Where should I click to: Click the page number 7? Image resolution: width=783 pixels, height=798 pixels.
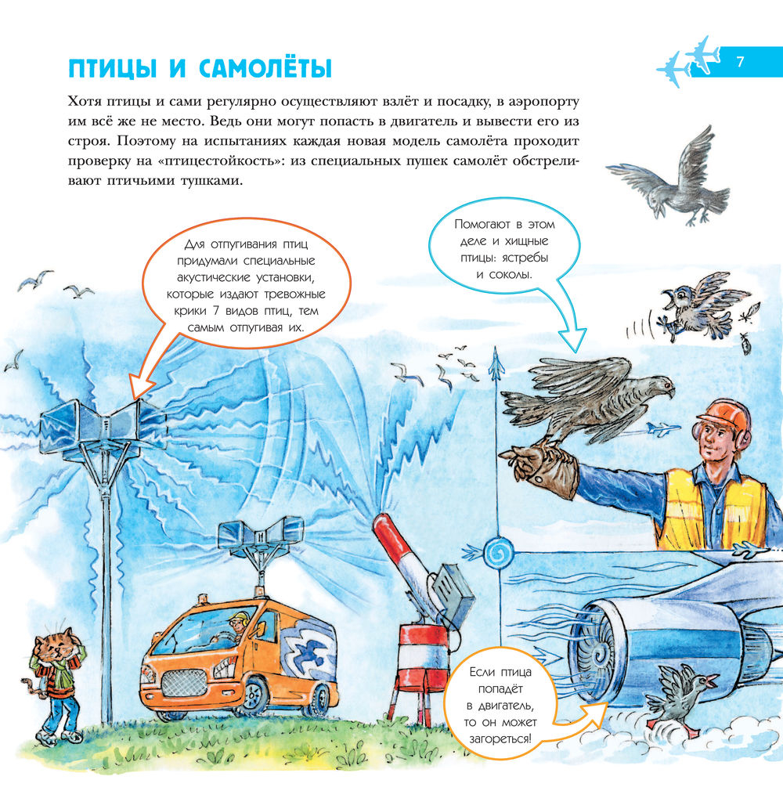[740, 62]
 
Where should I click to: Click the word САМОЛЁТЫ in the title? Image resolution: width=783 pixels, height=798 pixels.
[265, 67]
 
